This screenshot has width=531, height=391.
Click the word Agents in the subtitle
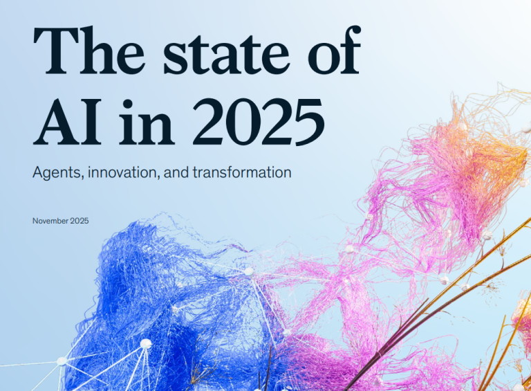(x=56, y=172)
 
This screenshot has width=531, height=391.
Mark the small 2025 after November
(x=79, y=221)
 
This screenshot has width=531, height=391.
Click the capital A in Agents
(x=38, y=172)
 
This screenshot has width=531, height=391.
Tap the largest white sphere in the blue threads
(x=146, y=343)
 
